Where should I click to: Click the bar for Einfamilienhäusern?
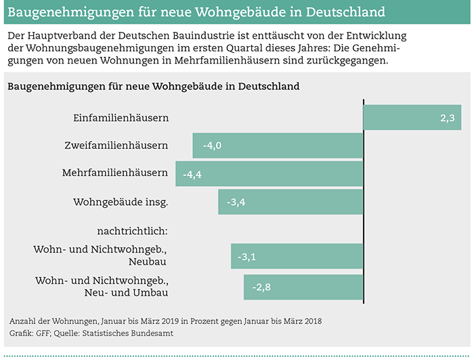point(412,117)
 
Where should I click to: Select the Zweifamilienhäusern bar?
point(278,145)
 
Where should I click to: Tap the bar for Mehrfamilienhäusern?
point(270,173)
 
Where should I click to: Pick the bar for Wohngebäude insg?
point(290,201)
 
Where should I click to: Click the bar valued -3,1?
point(297,257)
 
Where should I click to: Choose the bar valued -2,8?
point(303,287)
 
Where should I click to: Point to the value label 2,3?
point(446,118)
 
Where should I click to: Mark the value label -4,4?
point(193,174)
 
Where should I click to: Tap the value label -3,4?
point(236,202)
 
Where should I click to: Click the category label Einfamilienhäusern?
point(121,118)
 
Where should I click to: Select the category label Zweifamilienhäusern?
point(116,145)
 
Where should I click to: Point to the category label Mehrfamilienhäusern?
point(115,173)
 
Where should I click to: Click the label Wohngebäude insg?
point(121,201)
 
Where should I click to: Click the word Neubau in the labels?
point(149,261)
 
